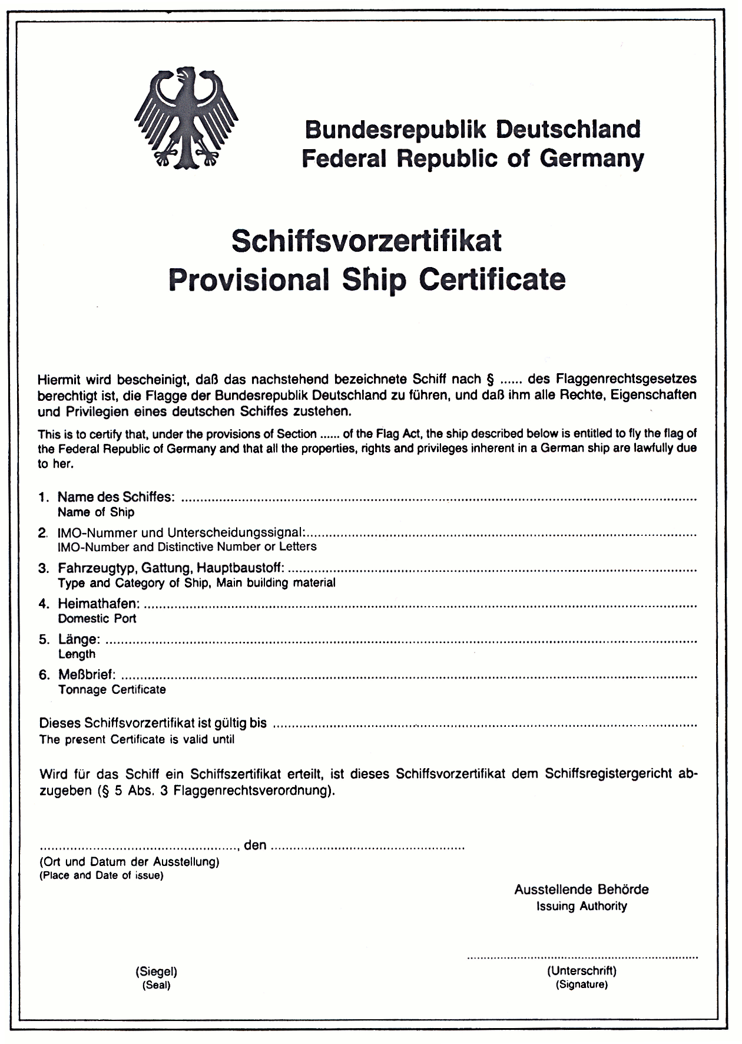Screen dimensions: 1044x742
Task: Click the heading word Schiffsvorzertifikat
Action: click(366, 241)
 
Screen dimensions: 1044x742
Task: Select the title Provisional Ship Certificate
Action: click(366, 279)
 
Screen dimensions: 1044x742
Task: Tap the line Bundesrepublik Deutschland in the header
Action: click(472, 129)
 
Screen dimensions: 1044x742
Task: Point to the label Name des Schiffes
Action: click(115, 498)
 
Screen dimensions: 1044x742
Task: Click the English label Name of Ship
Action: click(96, 512)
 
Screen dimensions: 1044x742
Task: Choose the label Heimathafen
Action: click(99, 604)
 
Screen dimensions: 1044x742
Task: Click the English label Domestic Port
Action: click(97, 618)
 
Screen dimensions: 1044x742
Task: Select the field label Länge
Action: click(79, 639)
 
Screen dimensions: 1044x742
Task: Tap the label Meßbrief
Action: click(87, 674)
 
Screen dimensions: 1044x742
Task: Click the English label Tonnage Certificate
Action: click(112, 689)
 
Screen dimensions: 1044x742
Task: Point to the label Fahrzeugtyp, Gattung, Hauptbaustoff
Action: click(171, 568)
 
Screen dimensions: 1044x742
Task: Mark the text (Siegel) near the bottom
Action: click(156, 971)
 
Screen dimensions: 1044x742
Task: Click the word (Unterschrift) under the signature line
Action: click(582, 970)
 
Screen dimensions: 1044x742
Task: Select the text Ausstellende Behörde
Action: click(581, 890)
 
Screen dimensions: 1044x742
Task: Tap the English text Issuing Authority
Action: click(581, 906)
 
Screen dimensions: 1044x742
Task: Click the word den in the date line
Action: click(255, 845)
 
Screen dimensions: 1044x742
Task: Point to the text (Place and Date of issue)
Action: click(101, 875)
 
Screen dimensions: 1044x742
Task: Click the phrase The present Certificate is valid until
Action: click(137, 739)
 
